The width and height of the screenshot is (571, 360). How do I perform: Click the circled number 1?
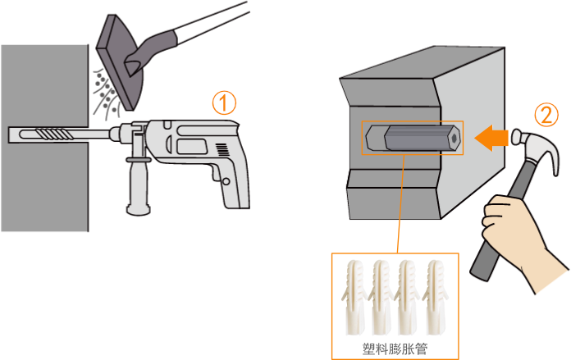[x=224, y=103]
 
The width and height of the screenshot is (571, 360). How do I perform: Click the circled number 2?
[x=546, y=115]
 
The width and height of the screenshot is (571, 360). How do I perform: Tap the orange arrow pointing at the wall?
[x=491, y=138]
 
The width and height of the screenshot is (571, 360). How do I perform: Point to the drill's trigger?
[x=217, y=174]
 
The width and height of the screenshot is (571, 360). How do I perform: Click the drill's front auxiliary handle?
[x=139, y=182]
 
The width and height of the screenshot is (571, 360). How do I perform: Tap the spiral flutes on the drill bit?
[x=55, y=134]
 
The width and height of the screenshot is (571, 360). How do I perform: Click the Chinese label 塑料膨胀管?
[x=395, y=349]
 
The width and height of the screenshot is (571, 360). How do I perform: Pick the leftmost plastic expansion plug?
[x=354, y=298]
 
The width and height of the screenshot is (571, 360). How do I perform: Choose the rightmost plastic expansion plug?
[x=435, y=298]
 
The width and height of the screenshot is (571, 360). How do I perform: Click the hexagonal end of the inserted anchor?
[x=455, y=139]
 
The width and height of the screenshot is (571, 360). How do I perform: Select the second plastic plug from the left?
[x=381, y=298]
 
